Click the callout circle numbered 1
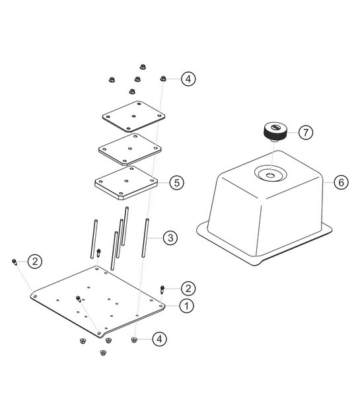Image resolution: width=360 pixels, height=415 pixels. [x=186, y=306]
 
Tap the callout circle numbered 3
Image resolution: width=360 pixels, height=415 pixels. [x=170, y=238]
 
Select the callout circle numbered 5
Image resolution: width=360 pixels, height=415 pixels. [x=176, y=182]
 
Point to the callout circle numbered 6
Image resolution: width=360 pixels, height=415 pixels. [x=341, y=182]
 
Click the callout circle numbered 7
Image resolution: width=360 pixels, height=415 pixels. [x=306, y=132]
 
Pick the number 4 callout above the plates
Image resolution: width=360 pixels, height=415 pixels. [x=188, y=79]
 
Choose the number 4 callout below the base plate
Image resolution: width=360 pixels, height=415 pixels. [x=159, y=339]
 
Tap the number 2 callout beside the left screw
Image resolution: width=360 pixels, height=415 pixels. [x=35, y=261]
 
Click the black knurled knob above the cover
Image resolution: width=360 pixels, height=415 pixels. [x=275, y=132]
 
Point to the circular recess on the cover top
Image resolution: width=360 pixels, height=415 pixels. [x=271, y=173]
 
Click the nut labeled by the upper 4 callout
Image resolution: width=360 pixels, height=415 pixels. [x=163, y=79]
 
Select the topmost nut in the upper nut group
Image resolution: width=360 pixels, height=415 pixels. [x=143, y=67]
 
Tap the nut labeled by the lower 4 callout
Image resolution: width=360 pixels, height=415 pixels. [x=134, y=340]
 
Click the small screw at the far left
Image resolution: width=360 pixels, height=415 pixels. [x=15, y=262]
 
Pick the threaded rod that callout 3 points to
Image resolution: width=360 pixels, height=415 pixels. [x=145, y=238]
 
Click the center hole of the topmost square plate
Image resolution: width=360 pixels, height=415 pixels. [x=133, y=116]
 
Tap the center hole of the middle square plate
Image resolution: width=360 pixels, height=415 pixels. [x=130, y=149]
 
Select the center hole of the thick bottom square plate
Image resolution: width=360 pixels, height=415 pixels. [x=126, y=181]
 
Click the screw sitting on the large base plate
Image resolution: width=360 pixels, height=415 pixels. [x=79, y=299]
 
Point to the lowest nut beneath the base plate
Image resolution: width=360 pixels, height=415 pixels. [x=103, y=352]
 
